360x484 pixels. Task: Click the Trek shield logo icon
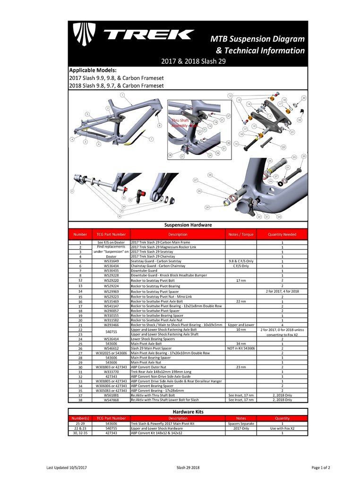(84, 35)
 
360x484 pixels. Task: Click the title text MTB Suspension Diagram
(257, 39)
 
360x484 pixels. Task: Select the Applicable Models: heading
(93, 70)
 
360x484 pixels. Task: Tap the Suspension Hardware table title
(188, 225)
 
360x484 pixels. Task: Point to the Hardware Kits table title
(188, 412)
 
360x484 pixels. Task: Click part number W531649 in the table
(111, 261)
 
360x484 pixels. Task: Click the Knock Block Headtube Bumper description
(169, 275)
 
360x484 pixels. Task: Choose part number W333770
(111, 372)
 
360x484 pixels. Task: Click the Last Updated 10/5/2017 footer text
(67, 467)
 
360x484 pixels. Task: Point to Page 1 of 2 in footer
(321, 467)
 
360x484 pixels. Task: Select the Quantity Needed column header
(282, 234)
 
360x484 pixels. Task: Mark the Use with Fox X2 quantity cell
(282, 428)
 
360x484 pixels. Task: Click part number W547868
(111, 400)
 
